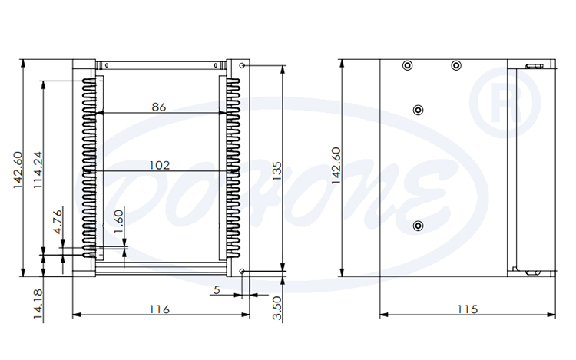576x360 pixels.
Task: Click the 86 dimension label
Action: coord(159,107)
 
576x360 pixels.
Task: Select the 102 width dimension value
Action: coord(159,164)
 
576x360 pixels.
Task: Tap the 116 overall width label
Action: coord(159,309)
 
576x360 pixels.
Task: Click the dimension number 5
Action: coord(217,289)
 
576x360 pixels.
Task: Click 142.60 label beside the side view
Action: coord(335,165)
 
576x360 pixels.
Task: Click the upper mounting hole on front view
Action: coord(243,66)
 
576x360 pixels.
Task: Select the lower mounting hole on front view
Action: coord(243,271)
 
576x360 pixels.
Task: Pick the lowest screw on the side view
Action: coord(418,225)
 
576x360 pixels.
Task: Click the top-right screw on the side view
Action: coord(456,65)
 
